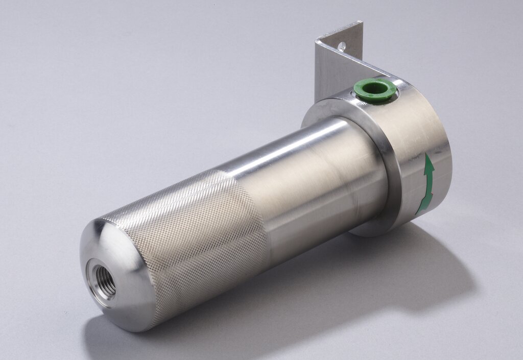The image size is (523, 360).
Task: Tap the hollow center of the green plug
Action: (x=375, y=88)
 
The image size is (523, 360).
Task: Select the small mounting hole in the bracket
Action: (x=342, y=46)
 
